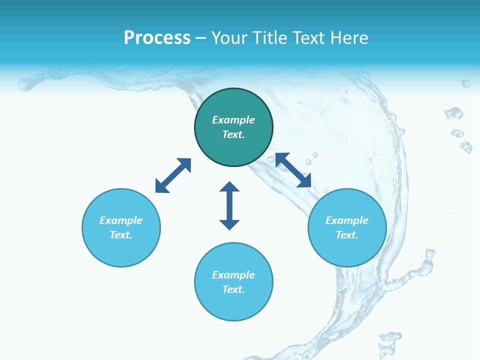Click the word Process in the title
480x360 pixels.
(x=157, y=38)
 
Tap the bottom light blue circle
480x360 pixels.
(x=233, y=305)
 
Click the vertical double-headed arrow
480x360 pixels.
(x=229, y=205)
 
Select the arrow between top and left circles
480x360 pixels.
(x=173, y=175)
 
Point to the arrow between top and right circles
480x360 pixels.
(x=293, y=170)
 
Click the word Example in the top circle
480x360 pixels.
(x=233, y=120)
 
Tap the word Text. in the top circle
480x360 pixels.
(x=233, y=134)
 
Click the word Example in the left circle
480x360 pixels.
(x=121, y=220)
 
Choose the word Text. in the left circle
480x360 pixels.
(x=121, y=235)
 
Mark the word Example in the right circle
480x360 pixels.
(x=347, y=220)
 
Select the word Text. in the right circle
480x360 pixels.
(x=347, y=235)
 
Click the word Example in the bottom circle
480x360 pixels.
(x=233, y=275)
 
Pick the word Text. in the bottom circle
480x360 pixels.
(x=233, y=289)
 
